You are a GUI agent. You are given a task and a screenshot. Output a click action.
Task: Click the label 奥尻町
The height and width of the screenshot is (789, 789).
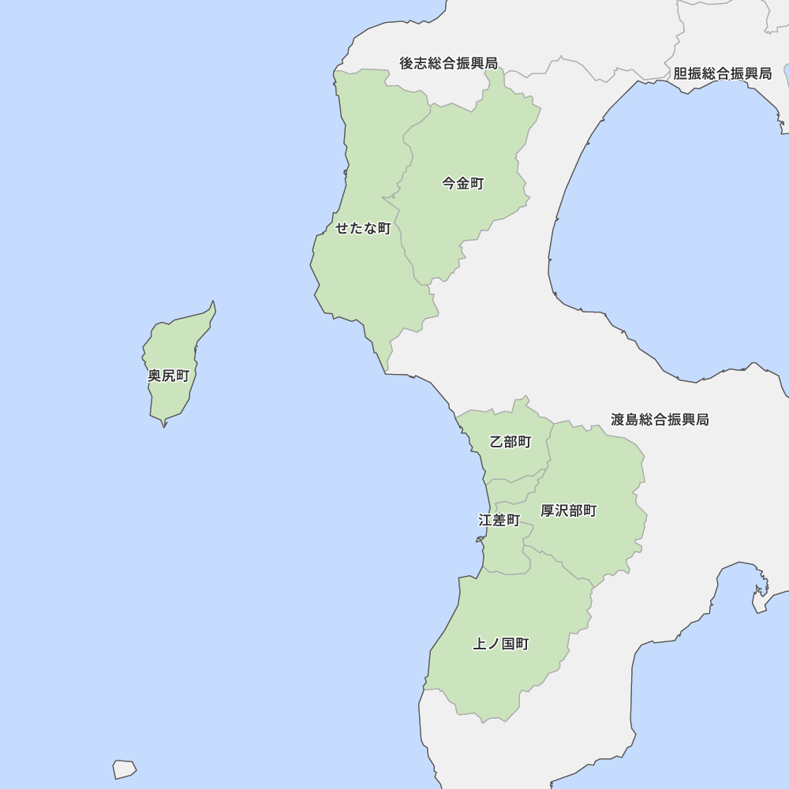pyautogui.click(x=169, y=376)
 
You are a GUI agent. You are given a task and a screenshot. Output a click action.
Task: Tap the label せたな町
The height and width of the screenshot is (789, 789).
pyautogui.click(x=363, y=229)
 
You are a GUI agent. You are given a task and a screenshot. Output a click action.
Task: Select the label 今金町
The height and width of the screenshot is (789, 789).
pyautogui.click(x=462, y=184)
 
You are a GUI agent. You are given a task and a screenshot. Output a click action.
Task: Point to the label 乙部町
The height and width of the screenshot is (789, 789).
pyautogui.click(x=510, y=442)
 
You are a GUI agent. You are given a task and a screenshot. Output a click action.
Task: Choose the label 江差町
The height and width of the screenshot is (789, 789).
pyautogui.click(x=499, y=521)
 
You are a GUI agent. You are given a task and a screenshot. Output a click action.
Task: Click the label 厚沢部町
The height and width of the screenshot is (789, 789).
pyautogui.click(x=568, y=510)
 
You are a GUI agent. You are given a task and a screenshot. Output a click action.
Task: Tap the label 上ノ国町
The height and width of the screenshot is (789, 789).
pyautogui.click(x=501, y=644)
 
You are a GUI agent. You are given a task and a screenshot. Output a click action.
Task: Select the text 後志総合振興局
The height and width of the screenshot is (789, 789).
pyautogui.click(x=448, y=63)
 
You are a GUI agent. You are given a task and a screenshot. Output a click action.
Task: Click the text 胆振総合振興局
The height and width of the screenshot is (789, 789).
pyautogui.click(x=722, y=73)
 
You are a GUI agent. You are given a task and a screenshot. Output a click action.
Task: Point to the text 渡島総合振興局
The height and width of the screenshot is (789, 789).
pyautogui.click(x=660, y=420)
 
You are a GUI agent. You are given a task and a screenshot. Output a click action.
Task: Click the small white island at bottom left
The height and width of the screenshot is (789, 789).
pyautogui.click(x=124, y=768)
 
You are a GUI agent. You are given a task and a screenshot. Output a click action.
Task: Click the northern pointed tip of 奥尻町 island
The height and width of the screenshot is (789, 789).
pyautogui.click(x=213, y=302)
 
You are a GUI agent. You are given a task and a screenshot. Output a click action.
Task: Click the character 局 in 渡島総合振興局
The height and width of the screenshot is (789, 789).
pyautogui.click(x=702, y=420)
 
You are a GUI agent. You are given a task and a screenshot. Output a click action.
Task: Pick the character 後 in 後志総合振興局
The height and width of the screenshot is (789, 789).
pyautogui.click(x=406, y=63)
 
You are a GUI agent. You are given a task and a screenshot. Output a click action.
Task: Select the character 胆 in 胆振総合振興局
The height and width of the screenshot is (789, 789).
pyautogui.click(x=680, y=73)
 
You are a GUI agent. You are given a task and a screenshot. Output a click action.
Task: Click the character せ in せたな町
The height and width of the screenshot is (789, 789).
pyautogui.click(x=342, y=229)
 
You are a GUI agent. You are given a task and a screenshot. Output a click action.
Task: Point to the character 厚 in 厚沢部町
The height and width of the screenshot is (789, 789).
pyautogui.click(x=548, y=510)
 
